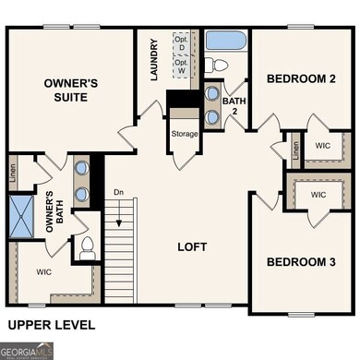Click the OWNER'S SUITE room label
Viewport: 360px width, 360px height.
[71, 90]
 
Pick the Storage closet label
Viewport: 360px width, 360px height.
[184, 134]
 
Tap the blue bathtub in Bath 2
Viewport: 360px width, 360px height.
[225, 41]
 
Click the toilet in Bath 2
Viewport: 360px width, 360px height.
[212, 65]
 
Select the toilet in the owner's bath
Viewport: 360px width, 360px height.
[88, 246]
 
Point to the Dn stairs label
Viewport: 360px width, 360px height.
[118, 192]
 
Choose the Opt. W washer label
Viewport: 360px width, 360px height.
[182, 66]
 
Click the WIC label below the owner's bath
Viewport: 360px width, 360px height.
[43, 272]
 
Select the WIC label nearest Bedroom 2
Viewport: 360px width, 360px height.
[322, 146]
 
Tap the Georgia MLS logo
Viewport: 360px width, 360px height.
[27, 351]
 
